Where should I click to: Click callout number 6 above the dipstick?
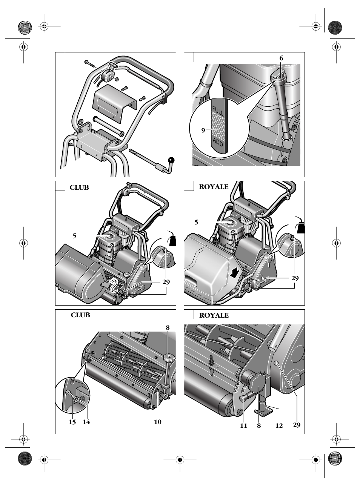[x=281, y=58]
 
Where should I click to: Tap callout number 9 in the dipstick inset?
[x=203, y=131]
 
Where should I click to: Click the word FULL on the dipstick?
[x=218, y=111]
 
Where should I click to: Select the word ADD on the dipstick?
[x=218, y=142]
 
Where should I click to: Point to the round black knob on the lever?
[x=171, y=160]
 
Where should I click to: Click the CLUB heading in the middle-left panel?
[x=79, y=187]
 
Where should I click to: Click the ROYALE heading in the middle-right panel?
[x=214, y=187]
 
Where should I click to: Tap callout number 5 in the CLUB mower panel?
[x=74, y=236]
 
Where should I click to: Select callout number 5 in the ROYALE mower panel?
[x=196, y=222]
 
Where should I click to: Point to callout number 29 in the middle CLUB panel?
[x=166, y=282]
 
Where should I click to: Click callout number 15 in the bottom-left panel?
[x=72, y=422]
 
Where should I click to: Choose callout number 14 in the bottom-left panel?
[x=86, y=422]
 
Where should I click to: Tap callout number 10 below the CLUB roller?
[x=158, y=422]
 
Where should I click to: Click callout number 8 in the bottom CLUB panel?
[x=168, y=328]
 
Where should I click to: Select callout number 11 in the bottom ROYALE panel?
[x=244, y=426]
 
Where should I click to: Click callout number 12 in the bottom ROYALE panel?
[x=279, y=426]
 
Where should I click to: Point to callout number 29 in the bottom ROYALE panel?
[x=297, y=425]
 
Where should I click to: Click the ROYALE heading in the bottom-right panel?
[x=214, y=315]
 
